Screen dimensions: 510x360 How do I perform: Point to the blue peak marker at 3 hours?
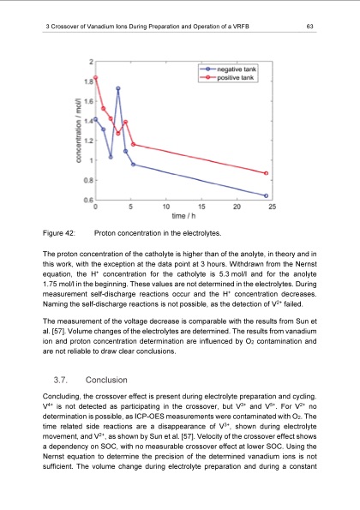tap(118, 88)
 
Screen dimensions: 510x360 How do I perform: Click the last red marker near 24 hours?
tap(267, 173)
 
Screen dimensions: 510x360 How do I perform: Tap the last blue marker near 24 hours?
tap(267, 195)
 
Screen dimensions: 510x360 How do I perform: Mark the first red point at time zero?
tap(96, 78)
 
